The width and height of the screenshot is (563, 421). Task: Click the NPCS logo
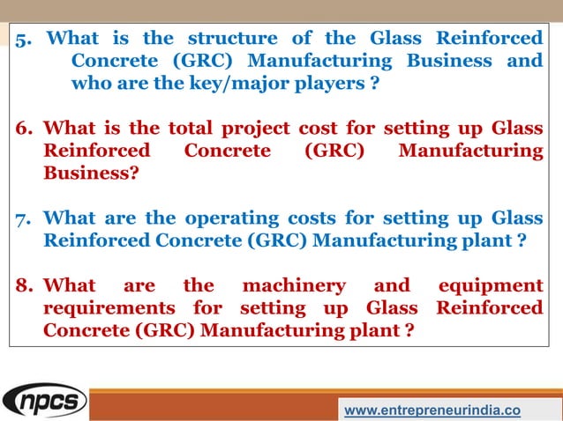click(x=45, y=402)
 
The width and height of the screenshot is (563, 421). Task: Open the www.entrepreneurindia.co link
click(x=432, y=410)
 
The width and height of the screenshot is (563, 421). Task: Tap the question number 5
click(x=24, y=39)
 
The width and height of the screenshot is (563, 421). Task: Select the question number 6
click(x=24, y=129)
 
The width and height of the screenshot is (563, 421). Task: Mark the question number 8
click(x=24, y=285)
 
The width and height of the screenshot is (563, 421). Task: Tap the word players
click(x=332, y=84)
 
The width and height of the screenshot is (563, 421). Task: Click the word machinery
click(x=290, y=285)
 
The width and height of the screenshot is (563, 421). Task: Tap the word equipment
click(x=491, y=285)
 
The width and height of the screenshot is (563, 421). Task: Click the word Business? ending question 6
click(x=91, y=174)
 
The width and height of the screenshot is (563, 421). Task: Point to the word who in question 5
click(x=91, y=84)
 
